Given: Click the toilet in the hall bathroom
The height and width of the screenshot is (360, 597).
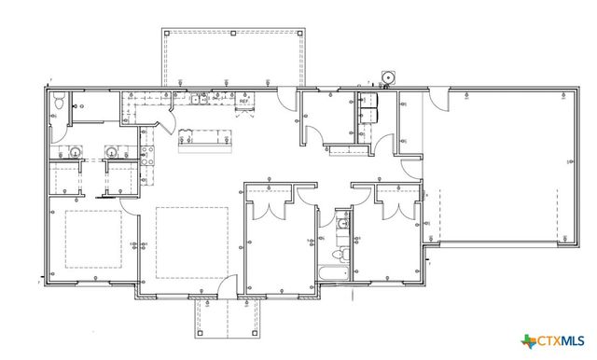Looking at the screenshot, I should point(341,254).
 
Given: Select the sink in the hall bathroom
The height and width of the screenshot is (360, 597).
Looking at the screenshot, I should point(342,224).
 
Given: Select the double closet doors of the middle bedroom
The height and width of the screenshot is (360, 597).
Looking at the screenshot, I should point(270,207).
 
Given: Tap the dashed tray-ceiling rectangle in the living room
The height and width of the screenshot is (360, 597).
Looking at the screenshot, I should point(190,242).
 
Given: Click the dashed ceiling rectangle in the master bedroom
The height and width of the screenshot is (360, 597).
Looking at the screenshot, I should point(92,239).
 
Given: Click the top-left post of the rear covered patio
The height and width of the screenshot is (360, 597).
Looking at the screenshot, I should point(167,34).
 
